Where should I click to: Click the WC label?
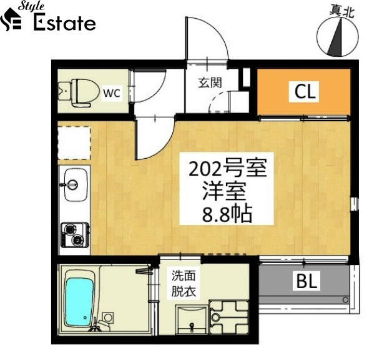[x=112, y=93]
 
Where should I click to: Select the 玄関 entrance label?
[x=210, y=83]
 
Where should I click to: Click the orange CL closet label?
[x=305, y=91]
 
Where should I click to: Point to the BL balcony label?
[x=306, y=281]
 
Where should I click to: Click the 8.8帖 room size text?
[x=227, y=214]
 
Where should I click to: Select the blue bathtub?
[x=79, y=298]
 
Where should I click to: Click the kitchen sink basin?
[x=76, y=184]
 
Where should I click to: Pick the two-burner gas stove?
[x=76, y=235]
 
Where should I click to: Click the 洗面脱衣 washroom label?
[x=184, y=284]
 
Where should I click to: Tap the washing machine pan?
[x=229, y=317]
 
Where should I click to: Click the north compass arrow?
[x=335, y=38]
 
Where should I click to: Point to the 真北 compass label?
[x=341, y=11]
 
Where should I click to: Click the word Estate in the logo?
[x=64, y=23]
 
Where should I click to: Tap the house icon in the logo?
[x=11, y=19]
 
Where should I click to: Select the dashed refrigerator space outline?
[x=74, y=143]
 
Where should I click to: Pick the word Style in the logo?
[x=31, y=6]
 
